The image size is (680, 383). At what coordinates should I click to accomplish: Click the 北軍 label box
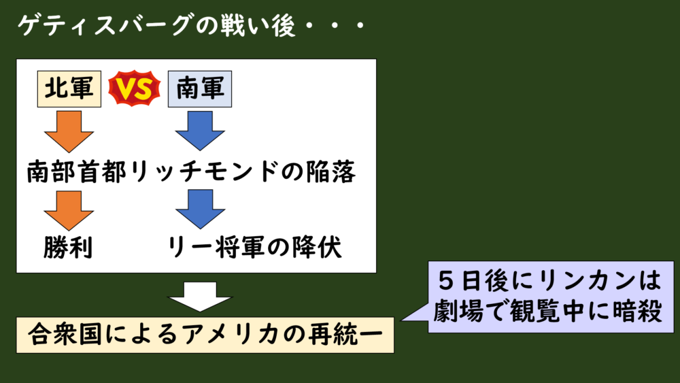coord(69,89)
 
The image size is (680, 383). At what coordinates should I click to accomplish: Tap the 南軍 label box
coord(200,89)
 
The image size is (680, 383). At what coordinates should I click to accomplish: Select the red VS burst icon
coord(134,88)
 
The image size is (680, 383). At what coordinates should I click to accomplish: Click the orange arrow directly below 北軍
coord(69,131)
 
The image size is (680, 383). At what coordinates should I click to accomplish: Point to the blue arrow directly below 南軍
coord(200,131)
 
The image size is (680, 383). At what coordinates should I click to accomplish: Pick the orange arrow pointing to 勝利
coord(69,210)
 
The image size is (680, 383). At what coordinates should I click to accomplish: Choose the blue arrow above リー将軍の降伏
coord(201,210)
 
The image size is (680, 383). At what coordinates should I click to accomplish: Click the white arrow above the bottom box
coord(200,297)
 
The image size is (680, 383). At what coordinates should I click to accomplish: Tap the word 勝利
coord(68,248)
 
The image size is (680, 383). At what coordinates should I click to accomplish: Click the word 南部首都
coord(77,171)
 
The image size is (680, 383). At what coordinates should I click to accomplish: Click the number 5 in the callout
coord(447,281)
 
